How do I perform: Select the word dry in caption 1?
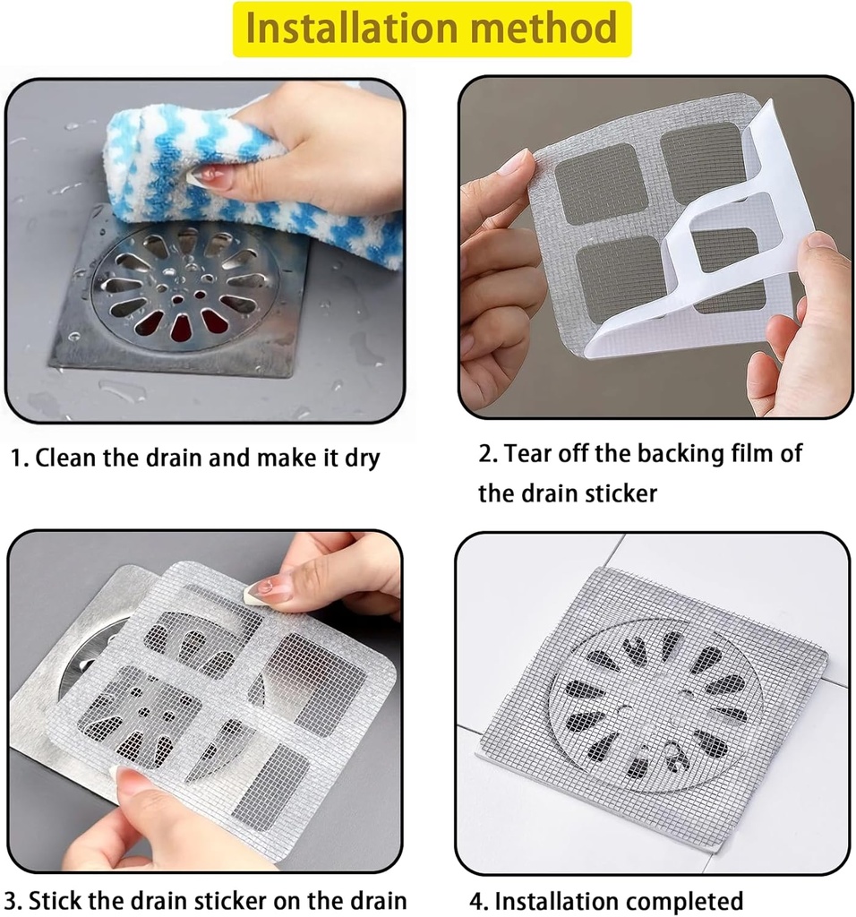tap(360, 459)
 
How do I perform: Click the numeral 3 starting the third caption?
tap(10, 900)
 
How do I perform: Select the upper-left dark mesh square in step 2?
tap(594, 183)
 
